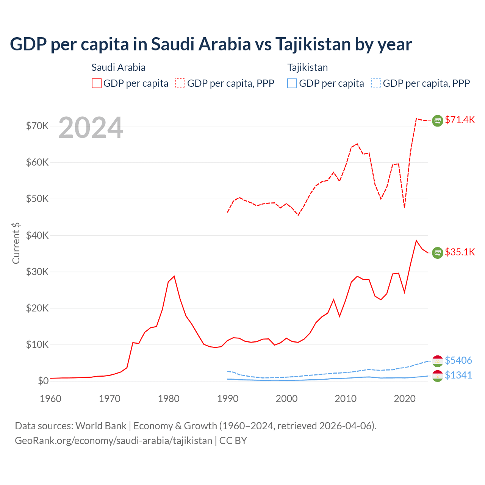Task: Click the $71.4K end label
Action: click(x=460, y=120)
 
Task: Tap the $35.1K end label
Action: click(x=460, y=252)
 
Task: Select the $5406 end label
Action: click(x=458, y=360)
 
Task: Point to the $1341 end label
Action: click(x=458, y=375)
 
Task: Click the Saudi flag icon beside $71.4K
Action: click(x=438, y=120)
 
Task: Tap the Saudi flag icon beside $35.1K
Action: click(x=438, y=253)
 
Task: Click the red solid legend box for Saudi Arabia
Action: click(x=97, y=83)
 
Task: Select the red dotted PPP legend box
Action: click(x=180, y=83)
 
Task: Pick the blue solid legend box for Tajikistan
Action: click(x=292, y=83)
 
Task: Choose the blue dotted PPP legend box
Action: click(x=376, y=83)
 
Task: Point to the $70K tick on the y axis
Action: click(x=37, y=126)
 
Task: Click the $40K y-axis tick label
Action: click(x=37, y=235)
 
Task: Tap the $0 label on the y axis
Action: click(x=43, y=381)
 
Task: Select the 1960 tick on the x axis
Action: click(x=51, y=399)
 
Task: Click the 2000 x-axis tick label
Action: click(x=286, y=399)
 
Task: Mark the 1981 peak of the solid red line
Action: click(x=174, y=276)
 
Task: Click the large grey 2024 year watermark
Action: click(x=91, y=128)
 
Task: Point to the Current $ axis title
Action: click(x=16, y=243)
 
